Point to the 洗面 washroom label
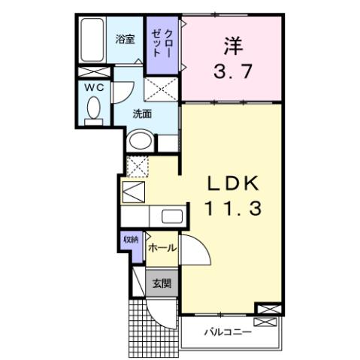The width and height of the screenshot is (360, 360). tap(142, 114)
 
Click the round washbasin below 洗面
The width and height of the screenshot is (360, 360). tap(139, 141)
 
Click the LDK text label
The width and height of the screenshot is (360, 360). tap(233, 183)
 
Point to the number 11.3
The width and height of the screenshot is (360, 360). tap(233, 210)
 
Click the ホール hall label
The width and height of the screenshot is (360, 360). tap(162, 247)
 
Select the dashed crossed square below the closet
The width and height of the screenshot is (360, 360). tap(164, 90)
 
